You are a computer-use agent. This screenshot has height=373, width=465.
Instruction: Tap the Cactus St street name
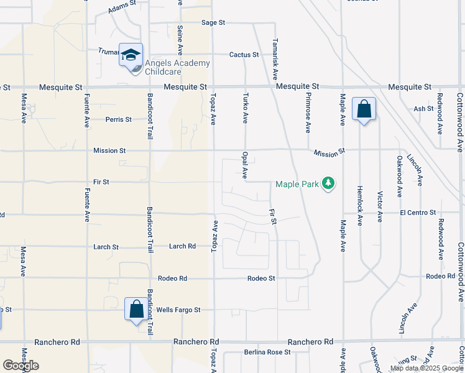coord(244,55)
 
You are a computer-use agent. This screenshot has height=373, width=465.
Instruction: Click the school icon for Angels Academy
coord(131,54)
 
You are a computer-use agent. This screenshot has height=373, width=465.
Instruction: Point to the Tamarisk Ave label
coord(274,60)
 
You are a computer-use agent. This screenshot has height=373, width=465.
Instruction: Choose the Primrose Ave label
coord(308,113)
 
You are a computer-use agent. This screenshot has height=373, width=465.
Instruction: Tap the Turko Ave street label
coord(246,108)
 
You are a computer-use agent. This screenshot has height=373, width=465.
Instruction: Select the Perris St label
coord(118,119)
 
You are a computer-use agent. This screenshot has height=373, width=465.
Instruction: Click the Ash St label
coord(423,108)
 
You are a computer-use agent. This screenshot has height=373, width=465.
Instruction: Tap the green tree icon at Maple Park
coord(329,183)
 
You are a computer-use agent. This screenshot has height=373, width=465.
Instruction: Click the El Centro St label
coord(418,213)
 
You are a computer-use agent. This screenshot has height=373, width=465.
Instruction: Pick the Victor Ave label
coord(380,203)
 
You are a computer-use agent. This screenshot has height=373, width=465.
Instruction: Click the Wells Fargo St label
coord(178,310)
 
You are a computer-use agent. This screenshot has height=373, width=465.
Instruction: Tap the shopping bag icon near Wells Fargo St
coord(136,308)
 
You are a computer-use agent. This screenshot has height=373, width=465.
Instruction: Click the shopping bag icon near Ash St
coord(364,109)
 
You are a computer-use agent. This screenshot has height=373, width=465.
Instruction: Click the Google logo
coord(21,366)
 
